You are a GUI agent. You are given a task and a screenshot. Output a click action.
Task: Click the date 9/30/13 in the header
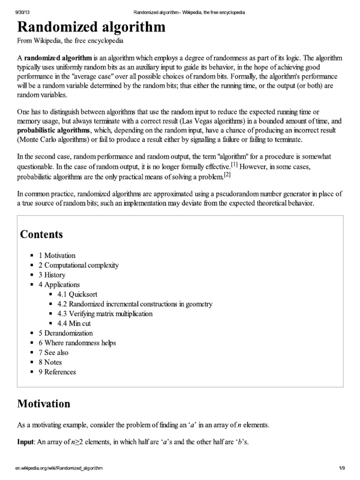pyautogui.click(x=17, y=11)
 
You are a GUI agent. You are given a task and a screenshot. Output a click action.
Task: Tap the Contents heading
pyautogui.click(x=41, y=234)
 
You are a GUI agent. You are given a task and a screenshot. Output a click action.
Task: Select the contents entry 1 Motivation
pyautogui.click(x=57, y=255)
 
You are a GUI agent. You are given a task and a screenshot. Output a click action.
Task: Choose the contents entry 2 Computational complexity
pyautogui.click(x=78, y=265)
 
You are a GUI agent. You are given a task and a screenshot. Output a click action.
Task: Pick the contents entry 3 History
pyautogui.click(x=52, y=275)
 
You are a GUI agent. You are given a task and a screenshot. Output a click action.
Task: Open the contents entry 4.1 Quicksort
pyautogui.click(x=76, y=294)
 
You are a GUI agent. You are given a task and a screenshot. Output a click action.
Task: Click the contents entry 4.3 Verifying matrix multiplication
pyautogui.click(x=105, y=314)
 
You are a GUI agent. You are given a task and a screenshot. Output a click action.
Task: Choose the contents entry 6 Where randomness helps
pyautogui.click(x=77, y=343)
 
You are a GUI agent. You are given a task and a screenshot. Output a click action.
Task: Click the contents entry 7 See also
pyautogui.click(x=53, y=352)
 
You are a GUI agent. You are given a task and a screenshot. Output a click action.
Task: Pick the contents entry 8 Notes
pyautogui.click(x=50, y=362)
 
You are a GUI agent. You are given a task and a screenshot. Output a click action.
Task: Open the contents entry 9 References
pyautogui.click(x=57, y=372)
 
